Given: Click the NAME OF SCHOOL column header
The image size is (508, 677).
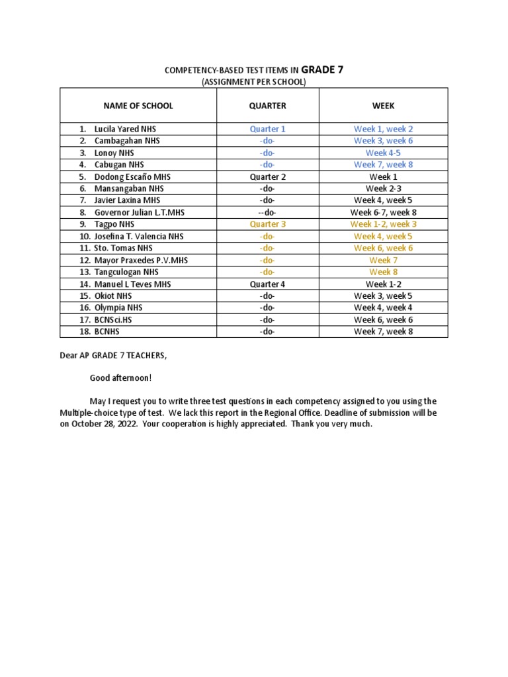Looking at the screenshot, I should pos(138,106).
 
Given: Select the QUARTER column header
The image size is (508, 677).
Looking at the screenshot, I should pos(267,106).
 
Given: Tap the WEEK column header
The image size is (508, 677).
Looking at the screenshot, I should pos(383,106).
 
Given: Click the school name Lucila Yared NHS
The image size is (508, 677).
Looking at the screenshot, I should pos(125,129).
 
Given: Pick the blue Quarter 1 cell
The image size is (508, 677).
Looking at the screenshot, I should pos(267,129).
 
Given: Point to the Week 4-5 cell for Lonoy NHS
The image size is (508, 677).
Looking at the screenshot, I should pos(383,153).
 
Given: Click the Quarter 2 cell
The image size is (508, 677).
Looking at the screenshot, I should pos(267,177).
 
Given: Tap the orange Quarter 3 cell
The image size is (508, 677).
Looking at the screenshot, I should pos(267,224).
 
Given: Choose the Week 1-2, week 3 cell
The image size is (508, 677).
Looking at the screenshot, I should pos(383,224).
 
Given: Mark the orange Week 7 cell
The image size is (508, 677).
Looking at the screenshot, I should pos(383,260).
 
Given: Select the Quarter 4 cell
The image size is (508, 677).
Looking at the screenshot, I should pos(267,284).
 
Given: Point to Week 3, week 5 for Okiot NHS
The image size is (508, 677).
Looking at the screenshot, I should pos(383,296).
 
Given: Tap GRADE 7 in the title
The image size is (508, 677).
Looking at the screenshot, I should pos(322,69).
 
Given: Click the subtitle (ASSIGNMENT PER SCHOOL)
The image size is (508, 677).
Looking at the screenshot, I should pos(253,81).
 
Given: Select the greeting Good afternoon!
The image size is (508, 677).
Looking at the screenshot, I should pos(120,378).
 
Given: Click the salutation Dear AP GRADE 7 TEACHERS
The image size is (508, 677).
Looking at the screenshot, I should pos(114,356).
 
